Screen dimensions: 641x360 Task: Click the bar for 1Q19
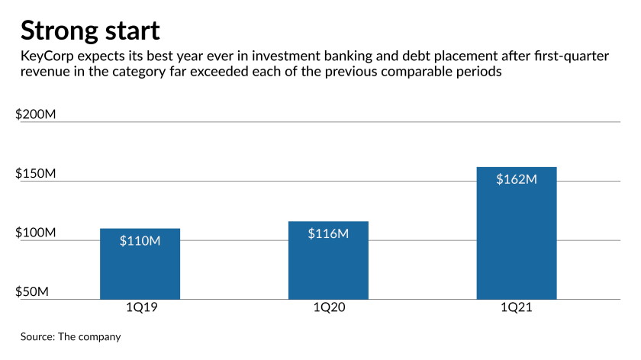click(140, 264)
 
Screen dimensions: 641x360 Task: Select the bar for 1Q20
click(328, 260)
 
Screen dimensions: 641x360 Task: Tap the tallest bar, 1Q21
click(517, 233)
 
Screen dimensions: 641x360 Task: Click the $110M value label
click(140, 241)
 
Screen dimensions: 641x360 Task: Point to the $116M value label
click(328, 233)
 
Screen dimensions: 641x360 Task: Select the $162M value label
click(517, 179)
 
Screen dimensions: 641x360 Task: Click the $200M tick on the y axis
click(36, 114)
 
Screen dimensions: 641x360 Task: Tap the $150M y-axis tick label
click(36, 173)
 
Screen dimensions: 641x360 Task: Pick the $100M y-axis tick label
click(36, 233)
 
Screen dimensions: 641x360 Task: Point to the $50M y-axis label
click(32, 292)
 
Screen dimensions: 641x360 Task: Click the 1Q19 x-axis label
click(141, 307)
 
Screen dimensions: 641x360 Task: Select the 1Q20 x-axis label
click(329, 307)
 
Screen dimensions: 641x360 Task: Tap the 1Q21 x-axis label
click(517, 307)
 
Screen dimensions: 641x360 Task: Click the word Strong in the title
click(60, 31)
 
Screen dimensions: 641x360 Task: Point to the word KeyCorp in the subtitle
click(47, 56)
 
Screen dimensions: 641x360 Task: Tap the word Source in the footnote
click(37, 336)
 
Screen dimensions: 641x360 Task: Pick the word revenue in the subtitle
click(45, 72)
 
